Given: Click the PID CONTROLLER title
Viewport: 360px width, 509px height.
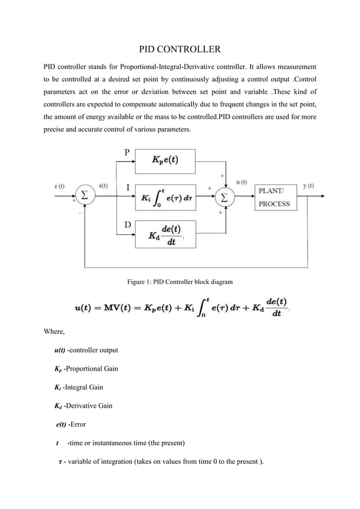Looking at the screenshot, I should (x=179, y=49).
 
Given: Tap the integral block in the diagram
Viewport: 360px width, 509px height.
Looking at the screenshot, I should (x=165, y=197).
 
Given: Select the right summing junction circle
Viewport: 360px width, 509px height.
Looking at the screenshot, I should (x=225, y=197).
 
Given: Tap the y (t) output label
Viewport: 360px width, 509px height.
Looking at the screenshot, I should (x=309, y=186).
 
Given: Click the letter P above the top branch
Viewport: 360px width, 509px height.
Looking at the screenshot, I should (x=128, y=153).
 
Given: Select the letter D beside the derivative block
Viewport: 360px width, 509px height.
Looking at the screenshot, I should (x=128, y=225).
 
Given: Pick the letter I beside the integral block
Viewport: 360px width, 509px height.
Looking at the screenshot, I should (x=127, y=187).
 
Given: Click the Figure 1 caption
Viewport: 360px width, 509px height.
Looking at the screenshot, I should (x=179, y=281).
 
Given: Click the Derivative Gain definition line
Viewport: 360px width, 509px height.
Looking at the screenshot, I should (x=84, y=405).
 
